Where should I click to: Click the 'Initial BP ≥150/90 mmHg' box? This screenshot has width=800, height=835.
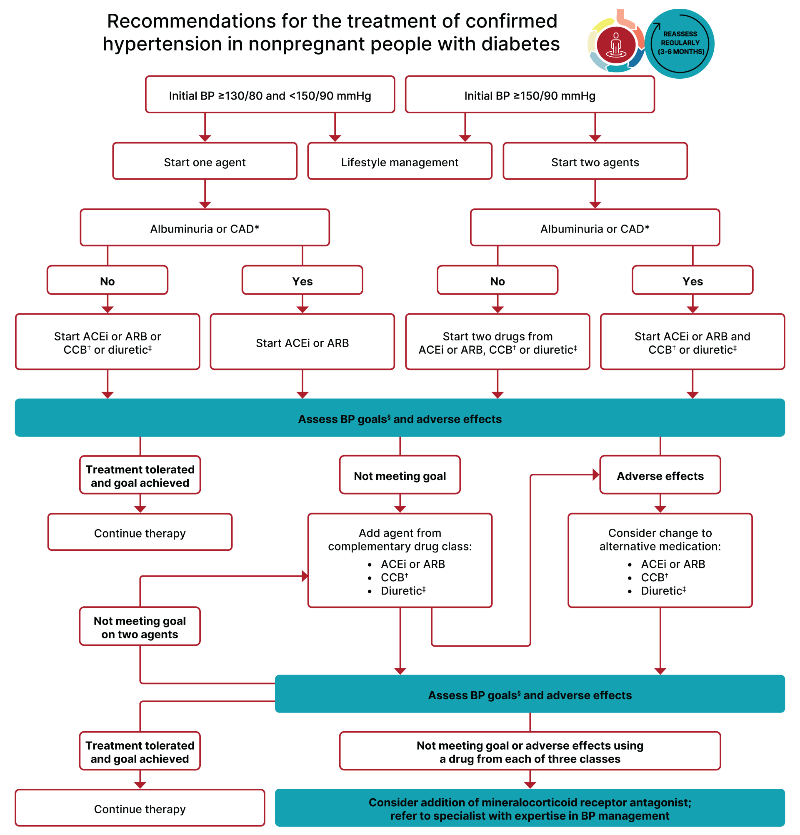[x=530, y=95]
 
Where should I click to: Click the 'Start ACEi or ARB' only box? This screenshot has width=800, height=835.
[x=302, y=342]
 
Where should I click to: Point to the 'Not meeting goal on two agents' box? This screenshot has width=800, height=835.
[x=140, y=626]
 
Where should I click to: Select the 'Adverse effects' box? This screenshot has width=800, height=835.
[x=660, y=475]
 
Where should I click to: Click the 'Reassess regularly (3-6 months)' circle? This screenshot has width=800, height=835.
[x=680, y=43]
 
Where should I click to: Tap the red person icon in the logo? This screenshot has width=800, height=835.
[x=615, y=44]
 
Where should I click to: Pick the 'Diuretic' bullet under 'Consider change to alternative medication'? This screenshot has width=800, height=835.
[x=662, y=590]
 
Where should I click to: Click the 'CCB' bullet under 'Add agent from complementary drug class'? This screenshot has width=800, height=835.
[x=394, y=577]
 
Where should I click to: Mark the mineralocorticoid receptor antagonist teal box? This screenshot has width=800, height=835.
[x=530, y=808]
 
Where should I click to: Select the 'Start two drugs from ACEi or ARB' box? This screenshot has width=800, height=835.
[x=497, y=342]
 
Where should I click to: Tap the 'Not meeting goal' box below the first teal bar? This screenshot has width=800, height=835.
[x=400, y=475]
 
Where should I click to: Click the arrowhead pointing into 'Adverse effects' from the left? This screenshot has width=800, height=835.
[x=595, y=475]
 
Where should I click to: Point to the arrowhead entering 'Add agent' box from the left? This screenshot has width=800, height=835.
[x=305, y=576]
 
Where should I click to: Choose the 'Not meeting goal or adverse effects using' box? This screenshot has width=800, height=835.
[x=530, y=751]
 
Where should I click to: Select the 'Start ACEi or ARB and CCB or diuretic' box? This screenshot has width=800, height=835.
[x=692, y=342]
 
